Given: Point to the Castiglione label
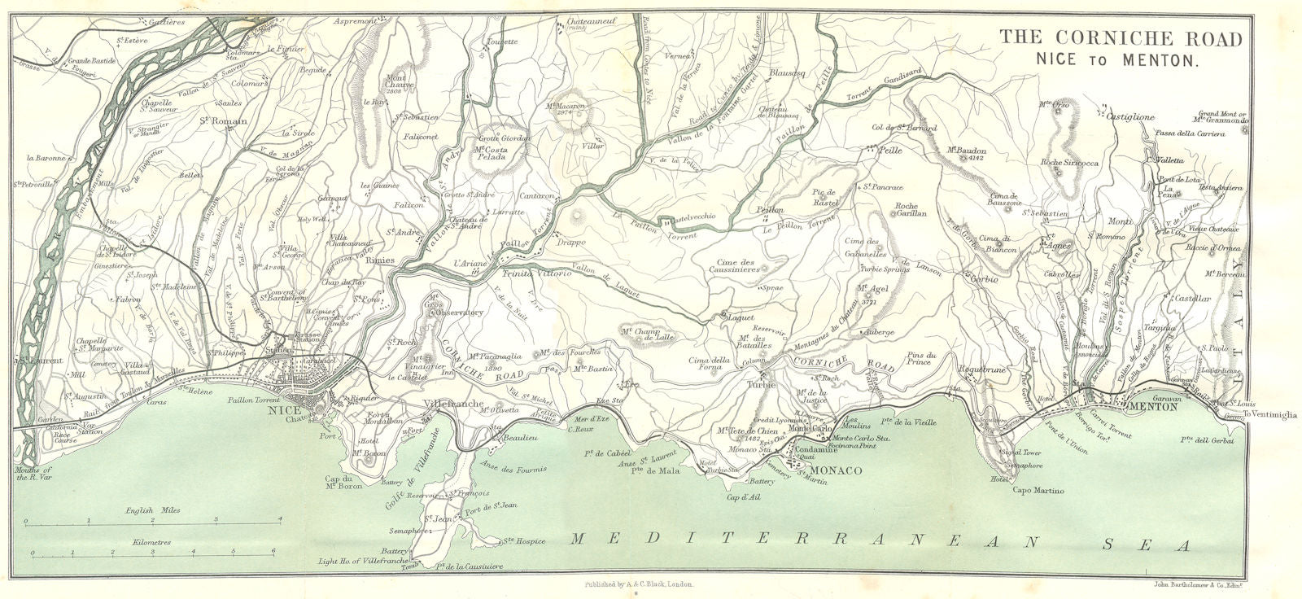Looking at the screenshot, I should tap(1129, 117).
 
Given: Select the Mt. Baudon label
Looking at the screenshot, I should tap(967, 151).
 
